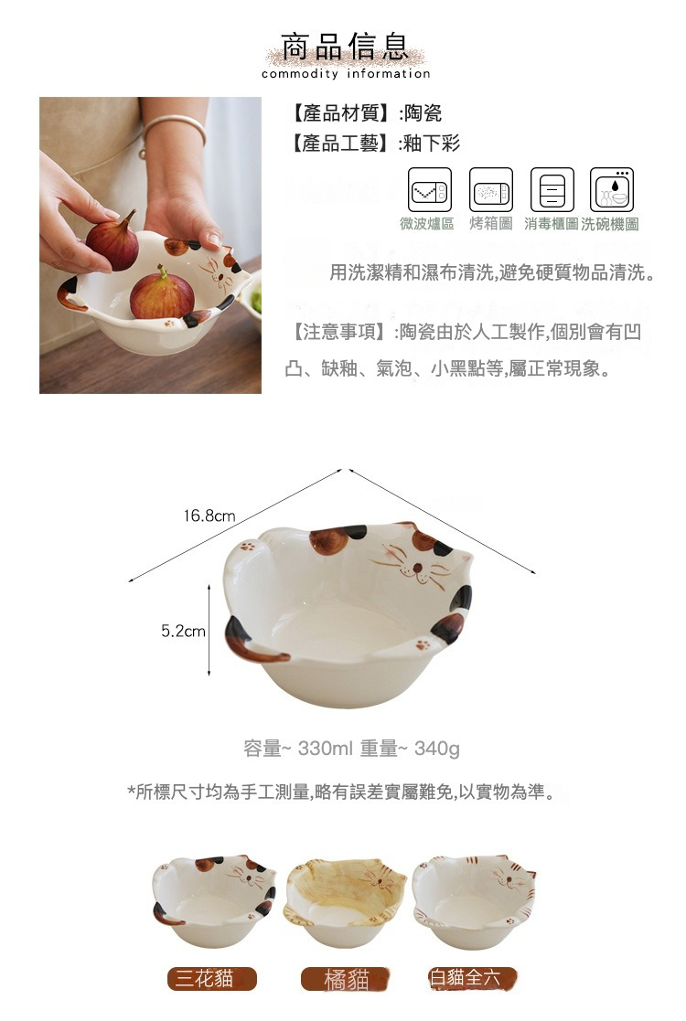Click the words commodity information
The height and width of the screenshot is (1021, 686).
click(x=345, y=74)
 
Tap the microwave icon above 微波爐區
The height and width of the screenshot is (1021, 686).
click(x=428, y=190)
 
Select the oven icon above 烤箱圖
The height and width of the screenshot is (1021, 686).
click(x=491, y=190)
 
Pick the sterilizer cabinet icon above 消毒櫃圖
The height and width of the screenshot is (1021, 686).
click(x=552, y=190)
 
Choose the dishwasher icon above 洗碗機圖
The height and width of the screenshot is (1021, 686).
click(x=612, y=190)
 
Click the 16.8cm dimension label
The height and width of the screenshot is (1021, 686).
click(x=209, y=516)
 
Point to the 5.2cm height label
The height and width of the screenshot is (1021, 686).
click(x=183, y=631)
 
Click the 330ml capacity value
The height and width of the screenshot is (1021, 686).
click(x=325, y=750)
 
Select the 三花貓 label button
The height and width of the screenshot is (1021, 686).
click(x=211, y=979)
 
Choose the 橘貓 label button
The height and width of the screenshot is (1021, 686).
click(x=347, y=980)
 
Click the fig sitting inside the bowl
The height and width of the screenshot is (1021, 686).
click(x=162, y=294)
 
